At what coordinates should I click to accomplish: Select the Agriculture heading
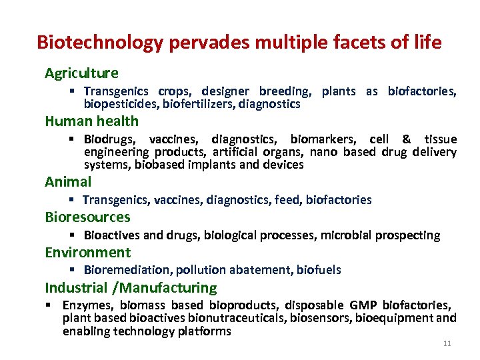(81, 73)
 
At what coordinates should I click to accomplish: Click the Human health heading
(91, 121)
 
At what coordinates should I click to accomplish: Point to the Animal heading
(68, 181)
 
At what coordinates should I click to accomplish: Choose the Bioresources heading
(87, 217)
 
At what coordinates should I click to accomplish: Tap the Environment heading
(87, 252)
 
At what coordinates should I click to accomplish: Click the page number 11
(447, 343)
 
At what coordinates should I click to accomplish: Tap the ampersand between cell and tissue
(407, 139)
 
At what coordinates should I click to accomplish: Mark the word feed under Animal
(287, 199)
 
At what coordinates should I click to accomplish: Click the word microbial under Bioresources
(347, 235)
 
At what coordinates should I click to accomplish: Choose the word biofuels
(319, 270)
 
